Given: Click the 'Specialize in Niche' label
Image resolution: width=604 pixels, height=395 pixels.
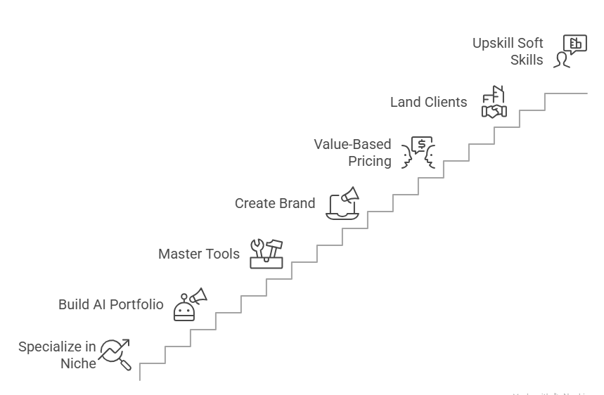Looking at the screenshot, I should (57, 355).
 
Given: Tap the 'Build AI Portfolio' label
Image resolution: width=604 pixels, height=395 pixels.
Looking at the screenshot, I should (110, 304).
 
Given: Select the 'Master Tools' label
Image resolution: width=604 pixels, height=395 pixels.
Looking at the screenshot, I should (198, 254).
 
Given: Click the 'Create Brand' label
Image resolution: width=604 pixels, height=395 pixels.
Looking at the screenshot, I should (274, 203).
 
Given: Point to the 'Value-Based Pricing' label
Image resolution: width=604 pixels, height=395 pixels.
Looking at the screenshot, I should (352, 153).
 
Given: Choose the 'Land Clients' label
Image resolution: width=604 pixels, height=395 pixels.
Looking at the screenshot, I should (428, 102).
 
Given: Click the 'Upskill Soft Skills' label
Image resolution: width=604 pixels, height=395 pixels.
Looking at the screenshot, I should (508, 51).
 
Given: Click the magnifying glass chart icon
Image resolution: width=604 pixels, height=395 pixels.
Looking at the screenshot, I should (115, 354).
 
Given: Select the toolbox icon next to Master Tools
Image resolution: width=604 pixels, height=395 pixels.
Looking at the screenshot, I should (267, 254).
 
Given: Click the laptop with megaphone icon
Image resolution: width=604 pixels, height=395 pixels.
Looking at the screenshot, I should (342, 204).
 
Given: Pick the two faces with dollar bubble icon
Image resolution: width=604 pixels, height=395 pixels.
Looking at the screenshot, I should (418, 153).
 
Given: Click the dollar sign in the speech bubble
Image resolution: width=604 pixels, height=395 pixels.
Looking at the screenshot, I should (421, 145).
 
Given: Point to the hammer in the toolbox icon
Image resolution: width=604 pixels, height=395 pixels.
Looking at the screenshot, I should (276, 247).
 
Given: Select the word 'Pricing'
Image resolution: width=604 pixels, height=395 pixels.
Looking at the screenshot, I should (370, 161).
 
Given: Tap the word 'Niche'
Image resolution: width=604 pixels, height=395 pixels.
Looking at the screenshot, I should (78, 363).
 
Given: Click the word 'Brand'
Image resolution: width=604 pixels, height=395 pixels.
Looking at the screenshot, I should (295, 203).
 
